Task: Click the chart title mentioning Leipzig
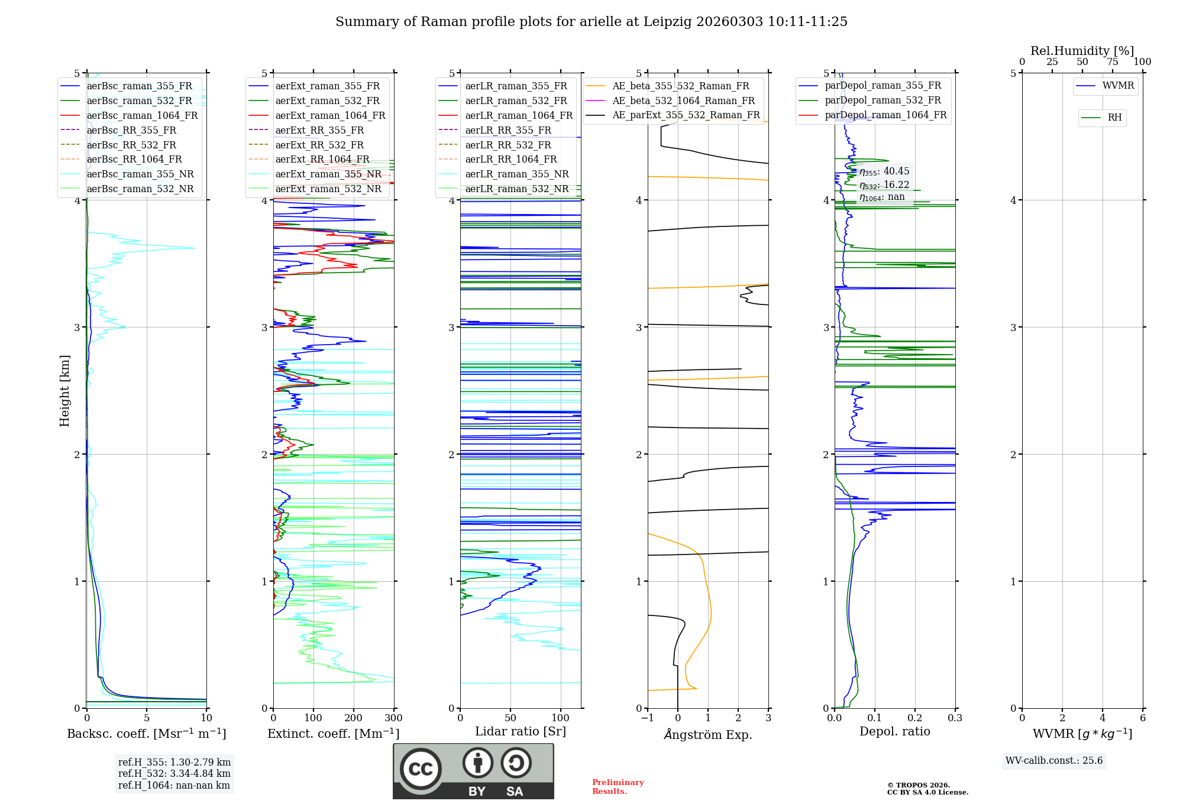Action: [591, 22]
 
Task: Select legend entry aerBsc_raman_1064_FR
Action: [142, 115]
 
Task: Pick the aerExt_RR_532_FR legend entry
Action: [319, 145]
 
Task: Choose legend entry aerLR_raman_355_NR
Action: [517, 174]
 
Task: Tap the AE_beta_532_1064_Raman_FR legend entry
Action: [683, 100]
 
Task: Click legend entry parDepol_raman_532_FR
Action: [883, 100]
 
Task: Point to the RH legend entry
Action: [1114, 118]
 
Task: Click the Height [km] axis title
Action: [64, 391]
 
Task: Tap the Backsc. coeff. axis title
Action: [146, 734]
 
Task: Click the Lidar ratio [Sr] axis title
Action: [521, 731]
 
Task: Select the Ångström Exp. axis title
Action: [708, 734]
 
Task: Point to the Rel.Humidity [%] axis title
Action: [1082, 51]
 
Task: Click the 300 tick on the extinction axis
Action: [393, 718]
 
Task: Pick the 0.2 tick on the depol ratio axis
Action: [915, 718]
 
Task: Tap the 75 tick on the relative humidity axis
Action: [1113, 62]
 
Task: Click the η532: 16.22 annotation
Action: [884, 184]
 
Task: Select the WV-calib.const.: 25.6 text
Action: [1054, 761]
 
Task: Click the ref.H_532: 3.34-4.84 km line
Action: [174, 774]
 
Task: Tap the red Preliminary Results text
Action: [618, 787]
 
